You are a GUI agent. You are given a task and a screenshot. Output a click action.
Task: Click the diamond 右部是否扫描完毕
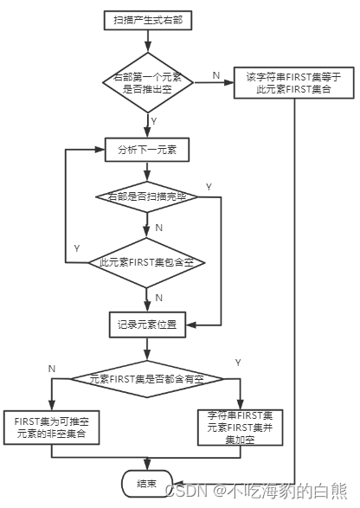146,197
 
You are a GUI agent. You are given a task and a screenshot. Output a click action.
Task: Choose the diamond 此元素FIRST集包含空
146,261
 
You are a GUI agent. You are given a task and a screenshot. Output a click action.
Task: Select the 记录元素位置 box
146,325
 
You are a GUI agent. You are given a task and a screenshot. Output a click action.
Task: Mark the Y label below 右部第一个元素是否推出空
154,120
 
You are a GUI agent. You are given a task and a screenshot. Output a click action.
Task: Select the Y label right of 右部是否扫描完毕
209,186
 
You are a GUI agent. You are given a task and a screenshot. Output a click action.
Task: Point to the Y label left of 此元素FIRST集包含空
77,248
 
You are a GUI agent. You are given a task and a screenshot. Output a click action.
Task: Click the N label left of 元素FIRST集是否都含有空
53,368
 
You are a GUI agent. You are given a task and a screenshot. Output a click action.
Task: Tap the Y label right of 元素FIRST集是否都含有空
238,361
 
